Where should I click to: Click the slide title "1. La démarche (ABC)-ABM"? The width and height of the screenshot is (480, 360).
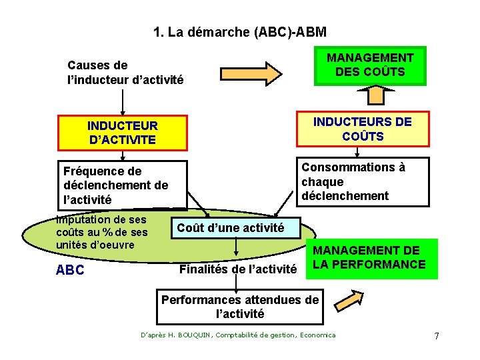pyautogui.click(x=239, y=32)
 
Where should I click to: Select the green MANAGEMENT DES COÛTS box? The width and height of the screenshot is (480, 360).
pyautogui.click(x=369, y=65)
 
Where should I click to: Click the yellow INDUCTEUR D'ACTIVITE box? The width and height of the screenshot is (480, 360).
pyautogui.click(x=123, y=133)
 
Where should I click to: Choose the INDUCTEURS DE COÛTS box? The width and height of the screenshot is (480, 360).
pyautogui.click(x=362, y=129)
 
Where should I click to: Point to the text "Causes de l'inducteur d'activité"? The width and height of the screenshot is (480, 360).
pyautogui.click(x=125, y=73)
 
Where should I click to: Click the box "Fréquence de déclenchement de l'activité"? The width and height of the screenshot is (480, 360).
pyautogui.click(x=121, y=185)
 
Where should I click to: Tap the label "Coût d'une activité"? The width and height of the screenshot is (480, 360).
pyautogui.click(x=230, y=228)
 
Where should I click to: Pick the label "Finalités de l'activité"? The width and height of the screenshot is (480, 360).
pyautogui.click(x=237, y=269)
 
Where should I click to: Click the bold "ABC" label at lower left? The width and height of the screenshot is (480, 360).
pyautogui.click(x=70, y=270)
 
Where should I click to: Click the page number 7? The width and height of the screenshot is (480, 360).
pyautogui.click(x=436, y=335)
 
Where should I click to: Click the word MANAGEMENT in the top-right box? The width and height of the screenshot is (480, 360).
pyautogui.click(x=369, y=57)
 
